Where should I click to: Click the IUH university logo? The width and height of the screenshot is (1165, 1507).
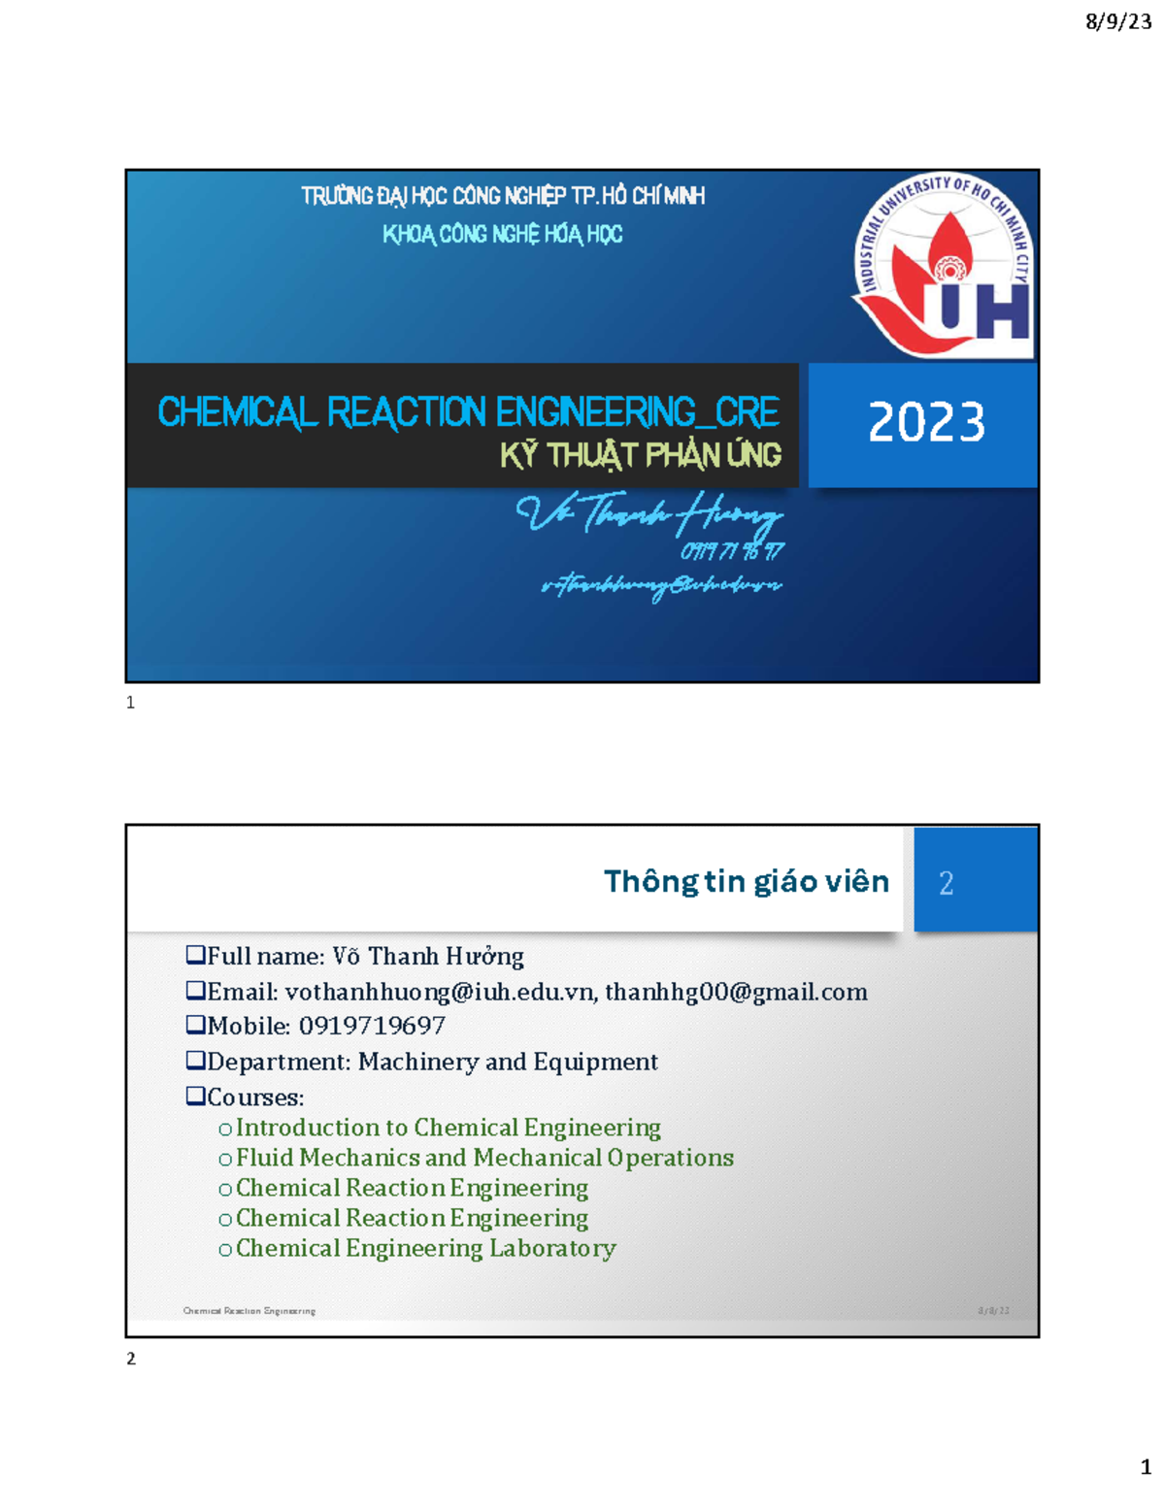point(943,264)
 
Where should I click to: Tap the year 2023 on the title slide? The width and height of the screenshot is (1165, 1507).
point(926,423)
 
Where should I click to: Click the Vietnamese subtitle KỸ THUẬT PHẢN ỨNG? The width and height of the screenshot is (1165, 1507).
point(641,456)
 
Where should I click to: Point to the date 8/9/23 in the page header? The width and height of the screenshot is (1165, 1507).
point(1118,21)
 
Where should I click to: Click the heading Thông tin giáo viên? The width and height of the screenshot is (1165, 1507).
point(746,881)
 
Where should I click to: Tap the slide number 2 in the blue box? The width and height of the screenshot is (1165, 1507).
point(947,883)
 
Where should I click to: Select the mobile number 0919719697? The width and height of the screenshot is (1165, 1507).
point(372,1026)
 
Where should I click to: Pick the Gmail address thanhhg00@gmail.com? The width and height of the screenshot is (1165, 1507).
point(736,992)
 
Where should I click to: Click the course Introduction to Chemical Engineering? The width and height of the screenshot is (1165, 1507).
point(448,1128)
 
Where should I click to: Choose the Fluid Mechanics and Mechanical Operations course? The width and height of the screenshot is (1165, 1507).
point(484,1158)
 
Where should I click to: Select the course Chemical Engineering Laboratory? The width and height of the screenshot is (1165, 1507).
point(425,1248)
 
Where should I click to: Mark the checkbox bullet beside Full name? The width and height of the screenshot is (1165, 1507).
point(195,955)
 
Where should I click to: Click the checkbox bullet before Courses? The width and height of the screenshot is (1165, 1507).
point(195,1096)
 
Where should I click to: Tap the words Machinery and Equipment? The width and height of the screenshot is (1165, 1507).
point(508,1062)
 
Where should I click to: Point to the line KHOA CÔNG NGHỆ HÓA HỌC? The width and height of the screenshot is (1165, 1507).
point(502,234)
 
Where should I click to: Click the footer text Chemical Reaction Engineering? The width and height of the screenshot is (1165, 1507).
point(250,1311)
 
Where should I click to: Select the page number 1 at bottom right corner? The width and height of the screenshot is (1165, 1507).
point(1146,1467)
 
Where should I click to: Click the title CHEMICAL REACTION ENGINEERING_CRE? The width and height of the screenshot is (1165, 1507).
point(468,412)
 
